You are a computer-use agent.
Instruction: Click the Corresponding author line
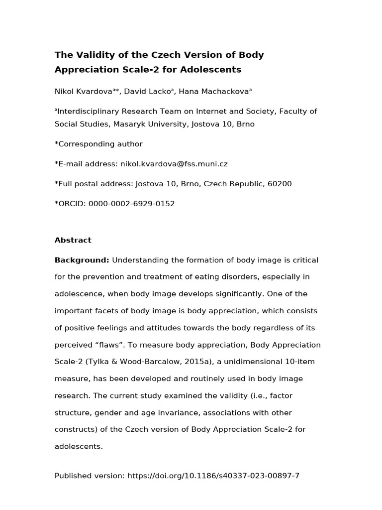point(98,144)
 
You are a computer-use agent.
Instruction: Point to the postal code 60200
point(280,184)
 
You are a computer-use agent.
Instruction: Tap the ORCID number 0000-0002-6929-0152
point(131,204)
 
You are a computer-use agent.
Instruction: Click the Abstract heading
point(73,240)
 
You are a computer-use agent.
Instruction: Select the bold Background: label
point(82,260)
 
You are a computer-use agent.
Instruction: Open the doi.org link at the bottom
point(213,476)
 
